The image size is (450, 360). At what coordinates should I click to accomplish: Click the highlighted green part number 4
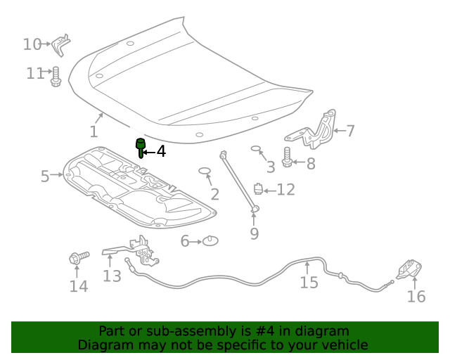(141, 148)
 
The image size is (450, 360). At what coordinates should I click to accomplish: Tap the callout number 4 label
(161, 151)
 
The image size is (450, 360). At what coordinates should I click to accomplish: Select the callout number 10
(32, 44)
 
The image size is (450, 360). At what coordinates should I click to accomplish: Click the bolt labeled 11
(56, 76)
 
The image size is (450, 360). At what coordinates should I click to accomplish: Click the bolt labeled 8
(288, 157)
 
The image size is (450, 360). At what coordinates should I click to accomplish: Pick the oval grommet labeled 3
(256, 149)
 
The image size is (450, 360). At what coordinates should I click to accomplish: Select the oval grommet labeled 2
(205, 171)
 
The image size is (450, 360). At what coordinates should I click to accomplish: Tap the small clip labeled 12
(259, 189)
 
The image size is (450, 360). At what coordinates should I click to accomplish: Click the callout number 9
(255, 233)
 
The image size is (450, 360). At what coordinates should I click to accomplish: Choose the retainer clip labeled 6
(210, 241)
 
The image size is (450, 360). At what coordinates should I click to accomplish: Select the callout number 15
(309, 283)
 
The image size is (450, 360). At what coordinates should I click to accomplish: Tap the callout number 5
(45, 176)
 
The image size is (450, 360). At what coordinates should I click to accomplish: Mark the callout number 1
(94, 131)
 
